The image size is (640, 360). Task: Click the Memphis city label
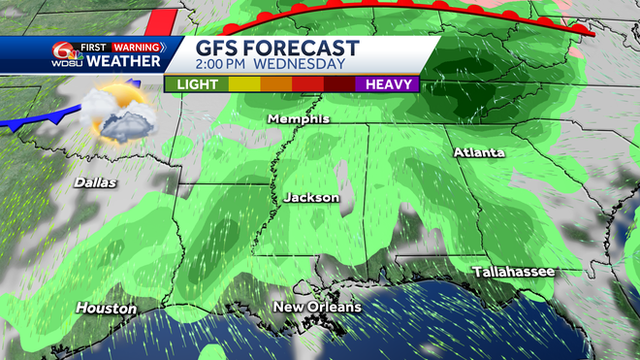tap(300, 119)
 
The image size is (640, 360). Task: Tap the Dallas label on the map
tap(95, 181)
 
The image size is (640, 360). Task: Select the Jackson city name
tap(311, 197)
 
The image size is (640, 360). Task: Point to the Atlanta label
tap(479, 153)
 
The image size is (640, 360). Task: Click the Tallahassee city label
tap(513, 272)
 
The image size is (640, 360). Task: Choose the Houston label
tap(106, 309)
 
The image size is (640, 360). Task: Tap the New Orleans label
tap(317, 307)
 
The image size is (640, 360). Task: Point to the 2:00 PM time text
tap(231, 65)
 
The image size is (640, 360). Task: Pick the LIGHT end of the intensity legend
tap(198, 84)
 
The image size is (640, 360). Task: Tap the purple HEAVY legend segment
tap(387, 84)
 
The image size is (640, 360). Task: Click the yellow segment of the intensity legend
tap(244, 84)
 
